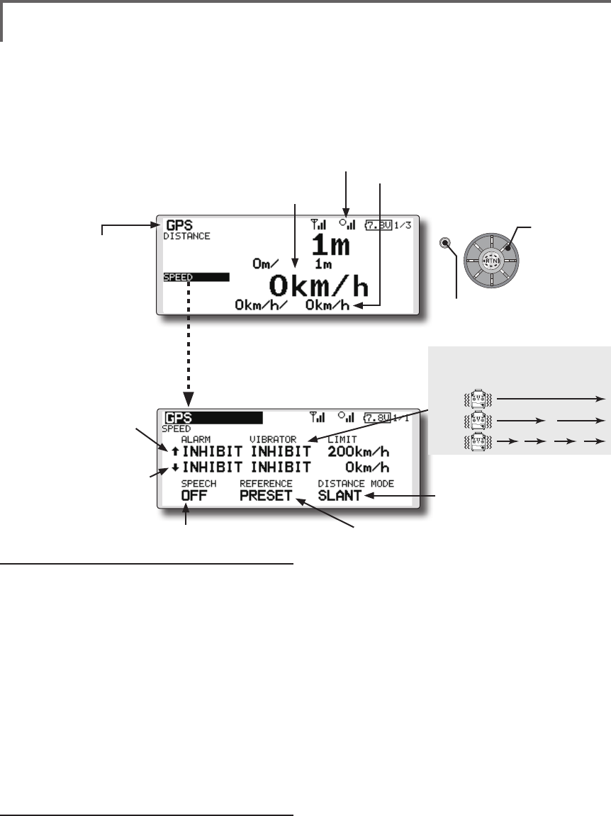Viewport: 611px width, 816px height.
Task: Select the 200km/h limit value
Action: (x=359, y=452)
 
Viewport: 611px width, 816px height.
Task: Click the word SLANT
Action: (x=340, y=496)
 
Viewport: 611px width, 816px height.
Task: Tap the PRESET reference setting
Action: (x=266, y=496)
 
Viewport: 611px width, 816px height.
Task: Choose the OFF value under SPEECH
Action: (x=194, y=496)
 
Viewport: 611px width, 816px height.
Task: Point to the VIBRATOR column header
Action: (x=273, y=439)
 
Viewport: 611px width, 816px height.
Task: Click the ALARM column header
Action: (x=196, y=439)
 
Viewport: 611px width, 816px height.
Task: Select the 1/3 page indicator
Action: (x=402, y=225)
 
